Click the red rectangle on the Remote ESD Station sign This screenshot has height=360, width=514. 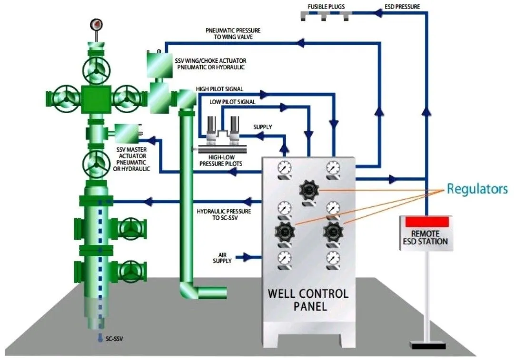(426, 221)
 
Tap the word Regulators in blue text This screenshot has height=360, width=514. (477, 189)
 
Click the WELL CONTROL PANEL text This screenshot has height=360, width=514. (308, 299)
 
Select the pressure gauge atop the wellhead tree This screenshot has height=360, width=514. (97, 24)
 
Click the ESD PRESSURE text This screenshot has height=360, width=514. (402, 7)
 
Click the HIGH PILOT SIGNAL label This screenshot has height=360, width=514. (219, 89)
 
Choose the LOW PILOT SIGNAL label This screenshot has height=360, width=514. (232, 102)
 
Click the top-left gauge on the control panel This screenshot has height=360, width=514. (284, 167)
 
